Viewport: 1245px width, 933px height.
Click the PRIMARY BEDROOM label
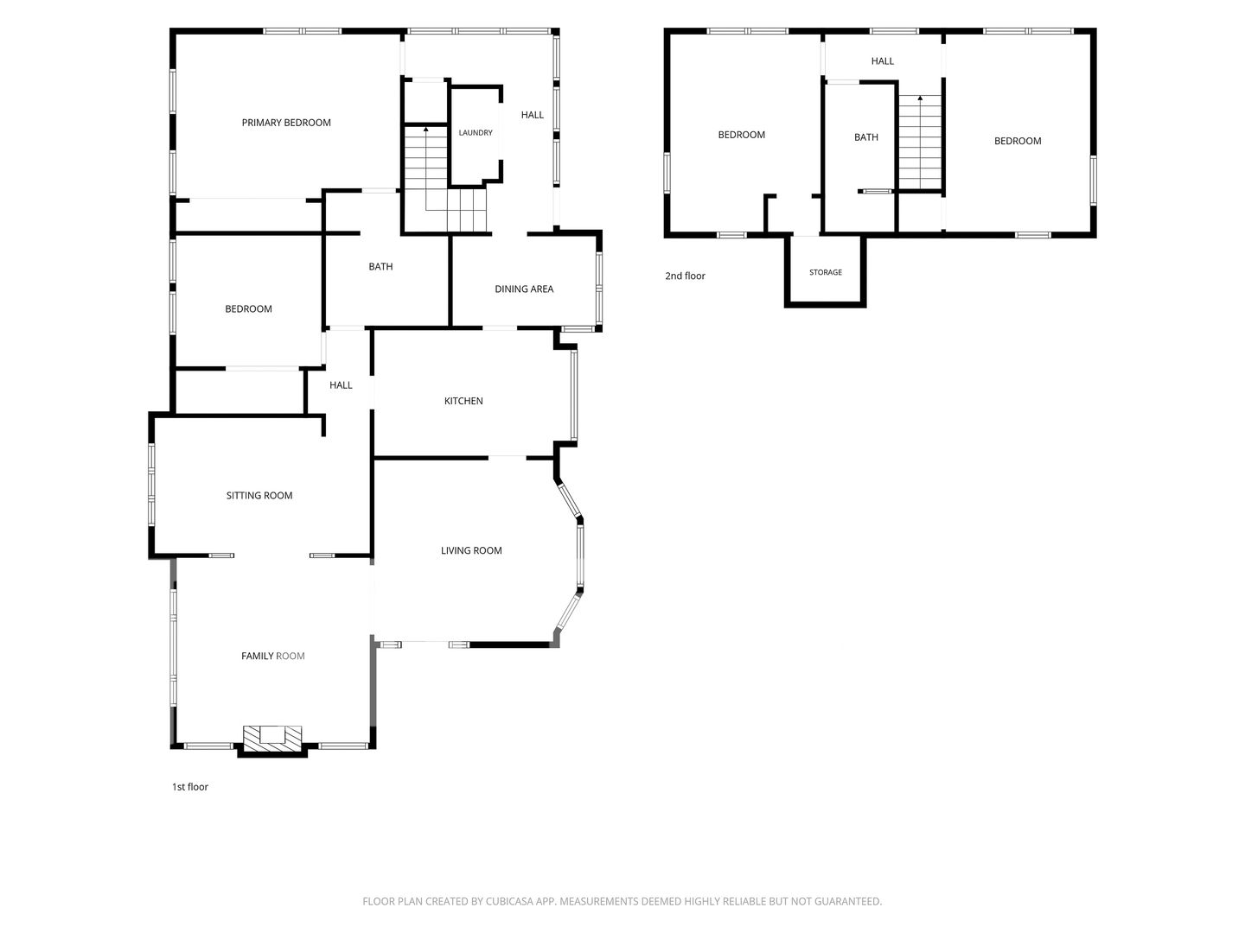coord(286,123)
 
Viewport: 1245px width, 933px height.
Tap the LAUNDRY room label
coord(476,132)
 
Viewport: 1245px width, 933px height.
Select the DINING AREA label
coord(524,289)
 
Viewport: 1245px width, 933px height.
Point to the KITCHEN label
coord(463,401)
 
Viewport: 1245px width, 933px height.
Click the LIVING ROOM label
coord(471,550)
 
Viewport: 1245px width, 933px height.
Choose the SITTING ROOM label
coord(259,496)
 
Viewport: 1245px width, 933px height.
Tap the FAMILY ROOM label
coord(273,656)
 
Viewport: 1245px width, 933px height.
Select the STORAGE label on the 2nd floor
coord(826,272)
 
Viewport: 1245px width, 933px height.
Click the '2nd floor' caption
coord(685,276)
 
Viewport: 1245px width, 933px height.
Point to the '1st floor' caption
coord(190,787)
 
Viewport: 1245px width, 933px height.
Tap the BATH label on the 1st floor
coord(380,266)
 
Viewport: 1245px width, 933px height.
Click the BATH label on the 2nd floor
coord(866,137)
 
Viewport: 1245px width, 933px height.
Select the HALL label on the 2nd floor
coord(883,61)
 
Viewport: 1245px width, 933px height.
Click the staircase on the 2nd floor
coord(920,143)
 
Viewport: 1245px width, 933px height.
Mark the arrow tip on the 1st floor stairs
coord(426,128)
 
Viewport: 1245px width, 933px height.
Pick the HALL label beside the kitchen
coord(341,385)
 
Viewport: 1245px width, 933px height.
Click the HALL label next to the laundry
coord(532,115)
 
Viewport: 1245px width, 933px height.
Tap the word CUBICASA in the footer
coord(509,901)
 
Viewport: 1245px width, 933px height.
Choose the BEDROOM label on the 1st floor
coord(248,308)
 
